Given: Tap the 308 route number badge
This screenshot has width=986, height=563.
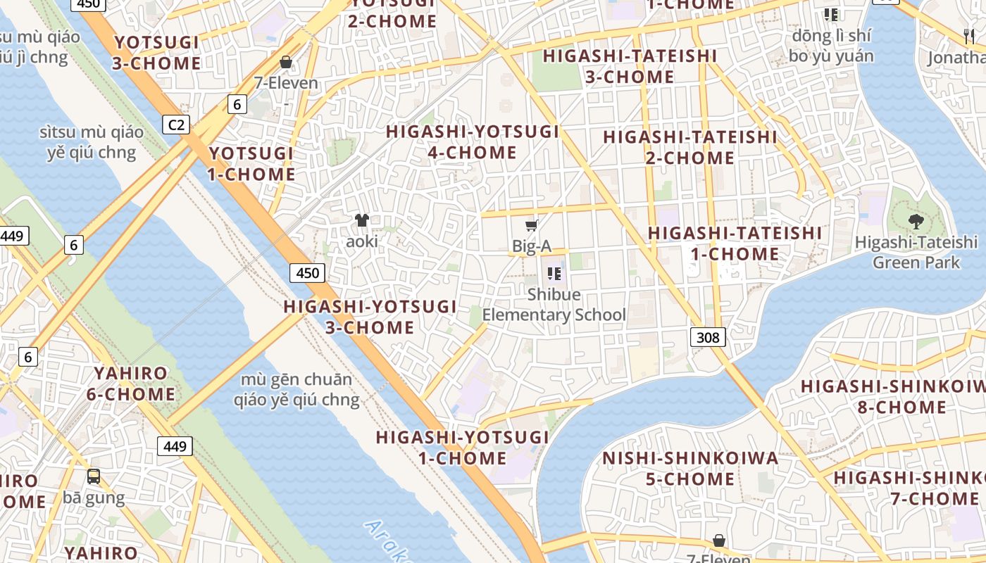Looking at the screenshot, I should pyautogui.click(x=708, y=338).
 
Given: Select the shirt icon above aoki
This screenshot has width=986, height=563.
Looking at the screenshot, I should pyautogui.click(x=362, y=220).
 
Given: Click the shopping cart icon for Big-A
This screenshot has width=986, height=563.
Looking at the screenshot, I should pyautogui.click(x=532, y=225).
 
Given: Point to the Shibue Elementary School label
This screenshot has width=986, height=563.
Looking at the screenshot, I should pyautogui.click(x=554, y=305).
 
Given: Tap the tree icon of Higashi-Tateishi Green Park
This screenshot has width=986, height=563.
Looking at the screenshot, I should pyautogui.click(x=916, y=222).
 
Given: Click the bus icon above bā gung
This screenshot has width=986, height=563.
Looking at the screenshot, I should pyautogui.click(x=94, y=476).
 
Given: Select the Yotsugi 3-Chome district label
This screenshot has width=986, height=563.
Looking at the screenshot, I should pyautogui.click(x=157, y=53).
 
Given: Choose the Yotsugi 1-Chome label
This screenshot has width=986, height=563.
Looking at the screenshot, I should pyautogui.click(x=251, y=163).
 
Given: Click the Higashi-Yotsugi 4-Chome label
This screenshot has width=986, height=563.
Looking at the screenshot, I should pyautogui.click(x=473, y=141).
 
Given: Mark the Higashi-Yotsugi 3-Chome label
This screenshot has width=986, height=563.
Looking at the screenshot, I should pyautogui.click(x=370, y=317).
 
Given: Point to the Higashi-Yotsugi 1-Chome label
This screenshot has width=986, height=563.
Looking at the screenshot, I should pyautogui.click(x=462, y=448).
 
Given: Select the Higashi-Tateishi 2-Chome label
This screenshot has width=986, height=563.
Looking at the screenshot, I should pyautogui.click(x=690, y=147).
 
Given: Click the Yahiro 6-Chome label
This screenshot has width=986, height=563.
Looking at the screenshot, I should pyautogui.click(x=131, y=384).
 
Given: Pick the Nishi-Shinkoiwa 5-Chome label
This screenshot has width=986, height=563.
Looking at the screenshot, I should pyautogui.click(x=690, y=469).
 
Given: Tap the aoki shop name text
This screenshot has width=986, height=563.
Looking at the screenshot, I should pyautogui.click(x=362, y=241).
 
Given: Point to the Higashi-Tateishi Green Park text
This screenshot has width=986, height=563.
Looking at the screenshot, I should pyautogui.click(x=916, y=253).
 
